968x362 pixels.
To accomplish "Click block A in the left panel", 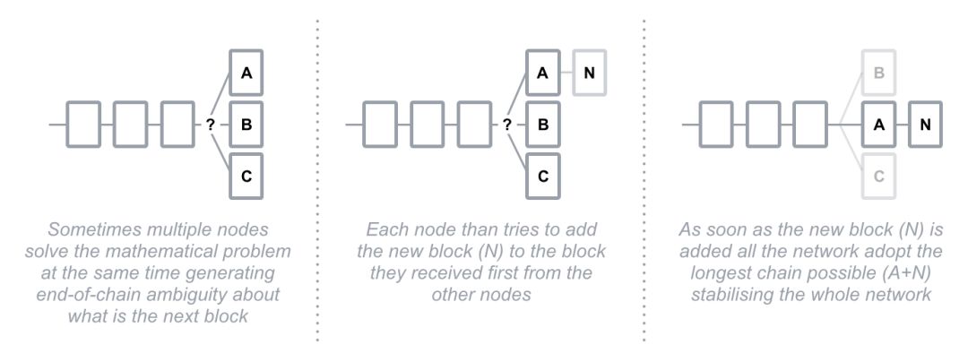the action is [x=246, y=73].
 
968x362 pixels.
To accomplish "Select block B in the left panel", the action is [x=246, y=125].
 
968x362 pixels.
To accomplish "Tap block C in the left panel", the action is [x=246, y=176].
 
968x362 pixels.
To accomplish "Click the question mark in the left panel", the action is [x=211, y=125].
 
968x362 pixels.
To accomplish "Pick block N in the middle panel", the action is [x=588, y=73].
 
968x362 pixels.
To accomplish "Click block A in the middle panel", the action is [x=543, y=73].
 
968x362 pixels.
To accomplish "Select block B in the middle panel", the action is [x=543, y=125].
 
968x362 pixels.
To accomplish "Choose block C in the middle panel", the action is [x=543, y=176].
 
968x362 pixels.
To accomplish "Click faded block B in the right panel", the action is [x=879, y=73].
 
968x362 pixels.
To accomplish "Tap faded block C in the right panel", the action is [x=879, y=176].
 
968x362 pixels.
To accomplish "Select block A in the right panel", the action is [x=879, y=125].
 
